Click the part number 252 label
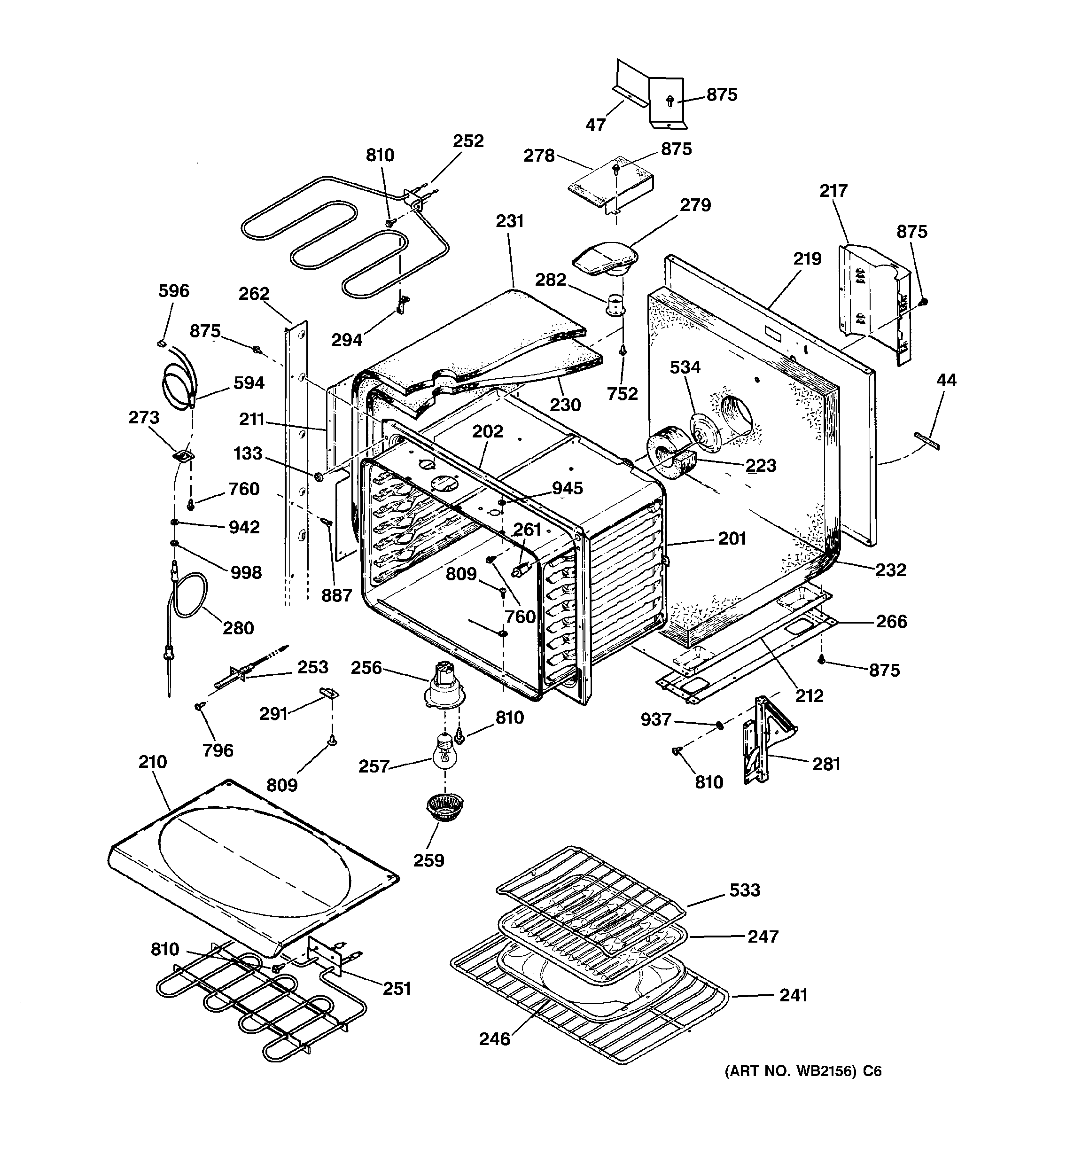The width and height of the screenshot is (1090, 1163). click(x=468, y=141)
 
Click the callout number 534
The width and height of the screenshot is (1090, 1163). click(x=685, y=367)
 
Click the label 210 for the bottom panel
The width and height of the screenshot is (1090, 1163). click(x=153, y=762)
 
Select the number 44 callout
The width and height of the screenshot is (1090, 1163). click(x=946, y=380)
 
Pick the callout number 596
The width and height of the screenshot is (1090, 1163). click(x=174, y=291)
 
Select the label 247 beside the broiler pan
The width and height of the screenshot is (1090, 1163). click(x=763, y=937)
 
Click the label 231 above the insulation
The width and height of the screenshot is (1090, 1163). click(x=510, y=221)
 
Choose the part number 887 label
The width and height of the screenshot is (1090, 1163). click(x=336, y=595)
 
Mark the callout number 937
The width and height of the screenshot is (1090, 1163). click(x=655, y=719)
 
